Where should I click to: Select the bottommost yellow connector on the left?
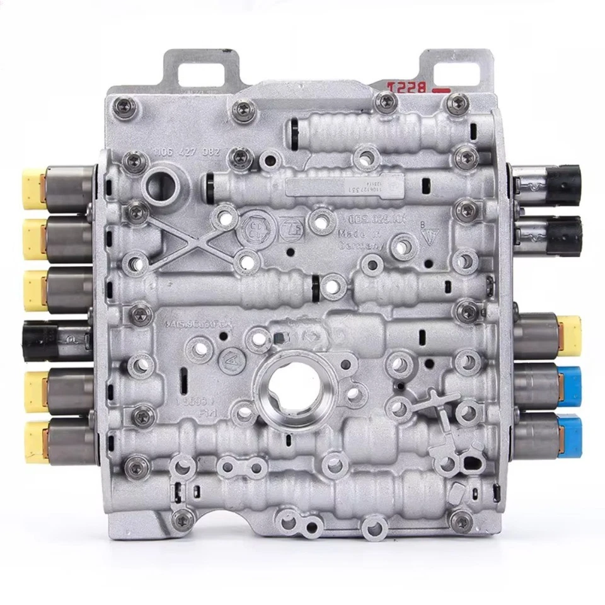click(36, 441)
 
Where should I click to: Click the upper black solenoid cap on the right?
click(563, 183)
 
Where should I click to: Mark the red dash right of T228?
click(441, 91)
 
